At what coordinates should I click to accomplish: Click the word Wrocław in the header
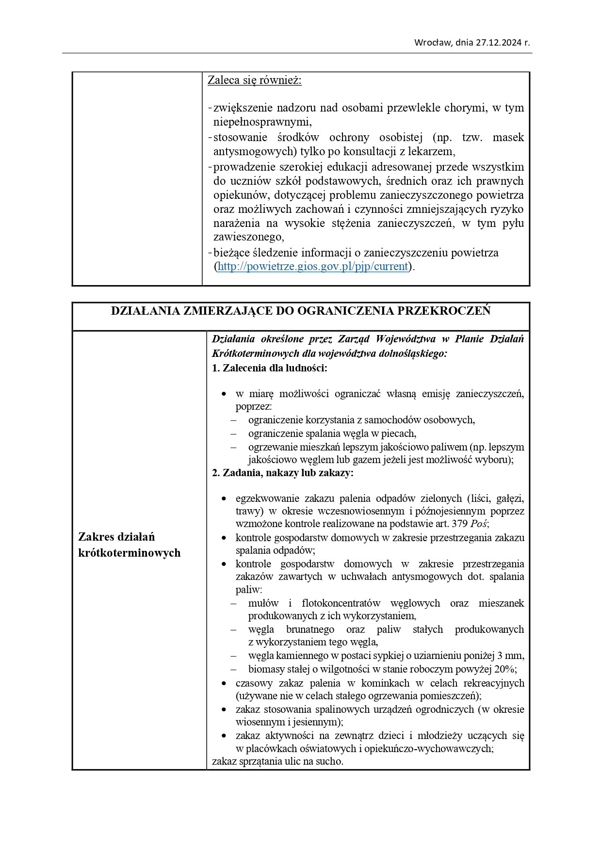(x=433, y=42)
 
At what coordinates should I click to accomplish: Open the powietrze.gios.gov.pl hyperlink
(x=313, y=266)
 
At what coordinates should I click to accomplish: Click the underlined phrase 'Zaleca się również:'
(x=255, y=80)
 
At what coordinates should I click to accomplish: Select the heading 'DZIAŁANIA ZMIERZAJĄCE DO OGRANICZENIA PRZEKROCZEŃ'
(x=301, y=311)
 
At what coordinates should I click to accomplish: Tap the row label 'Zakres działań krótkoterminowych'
(x=130, y=545)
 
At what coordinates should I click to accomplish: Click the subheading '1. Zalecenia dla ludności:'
(x=270, y=368)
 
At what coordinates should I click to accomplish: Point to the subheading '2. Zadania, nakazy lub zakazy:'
(x=283, y=473)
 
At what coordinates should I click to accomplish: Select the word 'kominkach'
(x=385, y=683)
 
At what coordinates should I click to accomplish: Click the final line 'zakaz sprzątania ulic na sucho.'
(x=277, y=761)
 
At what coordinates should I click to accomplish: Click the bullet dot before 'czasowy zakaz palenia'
(x=224, y=683)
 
